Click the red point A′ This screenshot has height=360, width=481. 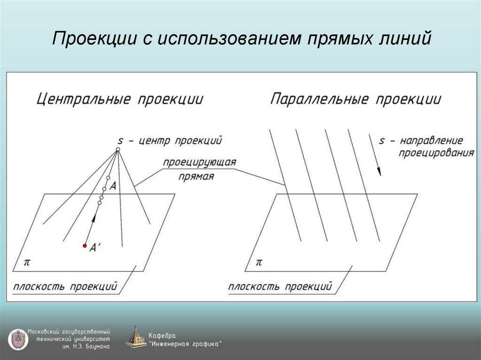point(85,245)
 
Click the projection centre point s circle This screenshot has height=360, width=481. point(118,150)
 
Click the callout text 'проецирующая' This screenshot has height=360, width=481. point(199,162)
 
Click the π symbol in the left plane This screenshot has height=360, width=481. point(27,261)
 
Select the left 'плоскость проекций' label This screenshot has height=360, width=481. point(65,286)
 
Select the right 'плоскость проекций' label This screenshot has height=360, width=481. point(280,286)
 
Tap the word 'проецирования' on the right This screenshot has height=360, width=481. point(436,153)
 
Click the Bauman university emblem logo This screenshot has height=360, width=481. point(17,338)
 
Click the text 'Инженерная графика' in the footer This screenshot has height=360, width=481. point(186,344)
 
